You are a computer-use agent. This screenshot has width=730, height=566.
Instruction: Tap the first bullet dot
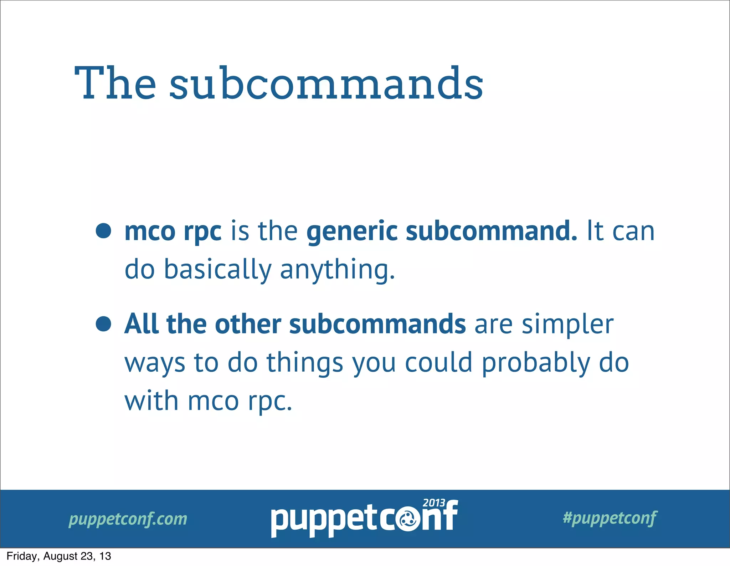click(103, 231)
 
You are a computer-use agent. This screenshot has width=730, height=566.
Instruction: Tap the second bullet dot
click(103, 324)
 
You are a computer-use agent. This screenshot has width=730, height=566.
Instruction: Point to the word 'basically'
click(217, 269)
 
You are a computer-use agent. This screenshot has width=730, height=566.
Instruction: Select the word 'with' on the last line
click(151, 401)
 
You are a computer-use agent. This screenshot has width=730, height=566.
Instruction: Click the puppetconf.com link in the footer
click(128, 519)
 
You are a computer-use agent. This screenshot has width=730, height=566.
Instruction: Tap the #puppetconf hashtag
click(610, 518)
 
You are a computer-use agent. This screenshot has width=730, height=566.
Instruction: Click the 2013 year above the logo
click(434, 503)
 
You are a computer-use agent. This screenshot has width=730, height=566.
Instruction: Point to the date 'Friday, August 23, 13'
click(59, 556)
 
